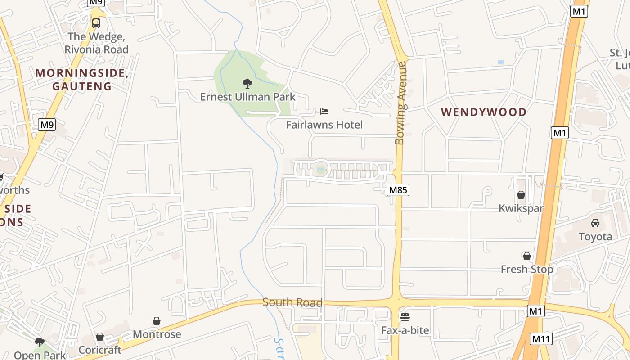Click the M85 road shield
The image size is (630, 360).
click(398, 190)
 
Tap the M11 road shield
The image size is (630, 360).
click(541, 339)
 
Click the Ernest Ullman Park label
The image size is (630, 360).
click(247, 97)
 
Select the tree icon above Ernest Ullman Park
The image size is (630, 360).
click(247, 83)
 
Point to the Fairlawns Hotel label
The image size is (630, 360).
click(324, 125)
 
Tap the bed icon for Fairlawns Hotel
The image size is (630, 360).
click(324, 111)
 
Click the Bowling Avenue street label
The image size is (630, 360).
click(400, 103)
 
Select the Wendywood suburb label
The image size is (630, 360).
click(484, 112)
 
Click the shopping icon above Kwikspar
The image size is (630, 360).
click(521, 195)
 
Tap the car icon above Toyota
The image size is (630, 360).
click(595, 223)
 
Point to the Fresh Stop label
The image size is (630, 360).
click(527, 269)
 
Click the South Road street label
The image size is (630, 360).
click(292, 302)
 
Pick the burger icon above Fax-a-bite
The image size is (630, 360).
click(405, 317)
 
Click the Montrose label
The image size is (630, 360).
click(157, 334)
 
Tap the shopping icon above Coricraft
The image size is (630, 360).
click(100, 337)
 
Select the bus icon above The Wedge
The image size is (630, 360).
click(96, 23)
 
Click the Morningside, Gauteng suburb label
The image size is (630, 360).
click(82, 80)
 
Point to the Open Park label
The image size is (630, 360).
click(40, 355)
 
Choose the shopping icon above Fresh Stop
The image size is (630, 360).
click(527, 256)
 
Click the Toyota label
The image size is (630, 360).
click(595, 237)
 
